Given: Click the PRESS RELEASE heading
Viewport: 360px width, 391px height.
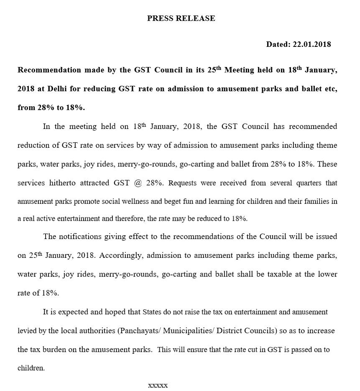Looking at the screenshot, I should click(x=181, y=18).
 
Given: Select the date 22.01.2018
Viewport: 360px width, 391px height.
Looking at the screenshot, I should click(x=310, y=44).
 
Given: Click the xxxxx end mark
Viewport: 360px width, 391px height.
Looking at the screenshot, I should click(x=158, y=385).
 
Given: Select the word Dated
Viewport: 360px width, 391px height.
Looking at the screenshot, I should click(x=276, y=44).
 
